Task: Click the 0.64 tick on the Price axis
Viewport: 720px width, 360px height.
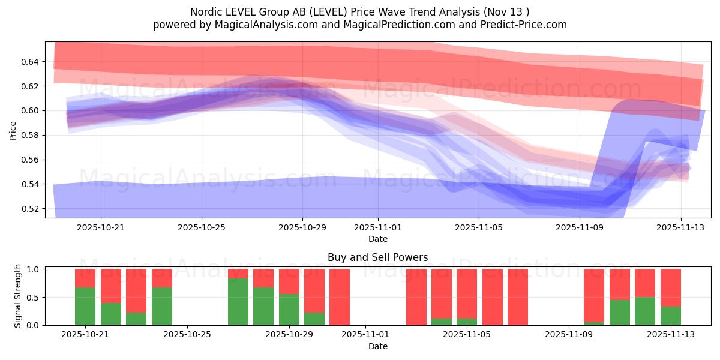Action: [31, 62]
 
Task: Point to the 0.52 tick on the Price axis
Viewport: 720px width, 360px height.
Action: [31, 209]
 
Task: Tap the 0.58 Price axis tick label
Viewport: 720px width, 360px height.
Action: [31, 135]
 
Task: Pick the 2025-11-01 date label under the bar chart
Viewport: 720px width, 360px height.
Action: [365, 335]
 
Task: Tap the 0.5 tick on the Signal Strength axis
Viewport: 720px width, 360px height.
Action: [34, 297]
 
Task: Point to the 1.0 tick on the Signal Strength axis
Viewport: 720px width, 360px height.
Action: [34, 269]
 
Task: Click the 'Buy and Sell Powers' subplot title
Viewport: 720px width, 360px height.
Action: [377, 257]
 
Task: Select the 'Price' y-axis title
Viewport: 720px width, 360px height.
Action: [13, 130]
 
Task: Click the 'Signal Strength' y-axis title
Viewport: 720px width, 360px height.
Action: [18, 296]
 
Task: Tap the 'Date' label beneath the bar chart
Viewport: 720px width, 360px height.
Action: [377, 346]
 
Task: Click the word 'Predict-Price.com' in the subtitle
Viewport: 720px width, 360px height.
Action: [526, 25]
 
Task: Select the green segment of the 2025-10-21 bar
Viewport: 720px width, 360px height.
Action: [85, 306]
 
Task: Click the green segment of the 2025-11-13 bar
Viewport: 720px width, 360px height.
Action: [670, 316]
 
